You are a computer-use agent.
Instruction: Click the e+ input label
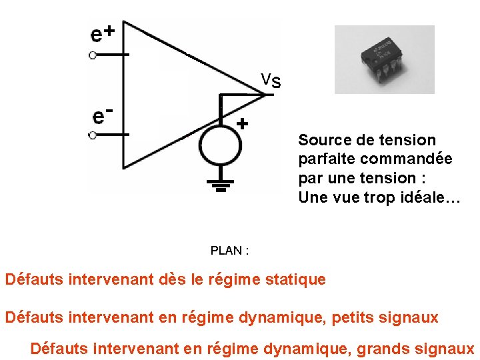103,33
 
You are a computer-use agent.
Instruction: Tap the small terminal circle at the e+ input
93,55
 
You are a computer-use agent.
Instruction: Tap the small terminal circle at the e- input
93,135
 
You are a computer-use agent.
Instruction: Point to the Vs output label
271,81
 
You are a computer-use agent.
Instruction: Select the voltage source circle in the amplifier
221,144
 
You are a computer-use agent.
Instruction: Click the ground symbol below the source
221,184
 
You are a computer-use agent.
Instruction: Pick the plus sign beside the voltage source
242,123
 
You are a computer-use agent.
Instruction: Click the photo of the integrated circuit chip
384,59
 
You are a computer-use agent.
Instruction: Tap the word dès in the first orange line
171,279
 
